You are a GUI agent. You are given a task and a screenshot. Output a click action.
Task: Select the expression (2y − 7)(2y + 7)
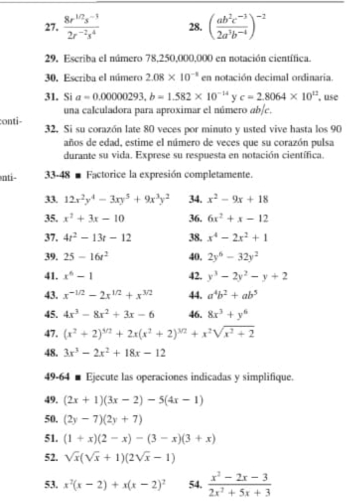pyautogui.click(x=97, y=421)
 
